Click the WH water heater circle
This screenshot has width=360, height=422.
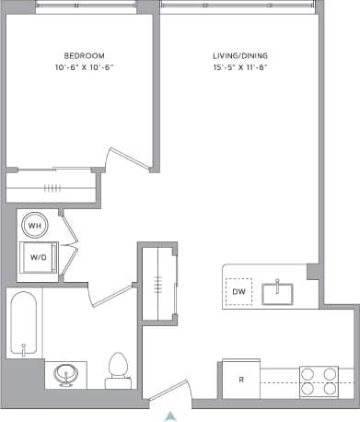(x=35, y=225)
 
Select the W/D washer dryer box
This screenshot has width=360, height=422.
(x=40, y=258)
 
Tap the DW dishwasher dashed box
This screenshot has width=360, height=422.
(x=238, y=292)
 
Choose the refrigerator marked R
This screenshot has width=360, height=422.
(x=241, y=379)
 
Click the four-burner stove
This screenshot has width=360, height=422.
(x=319, y=381)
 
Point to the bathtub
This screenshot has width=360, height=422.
(x=23, y=324)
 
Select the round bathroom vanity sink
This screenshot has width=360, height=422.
(x=65, y=374)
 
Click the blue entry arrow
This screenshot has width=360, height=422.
(x=169, y=416)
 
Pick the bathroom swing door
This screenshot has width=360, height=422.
(x=112, y=296)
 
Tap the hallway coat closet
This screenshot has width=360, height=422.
(x=159, y=281)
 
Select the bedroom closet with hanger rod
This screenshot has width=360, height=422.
(x=51, y=186)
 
